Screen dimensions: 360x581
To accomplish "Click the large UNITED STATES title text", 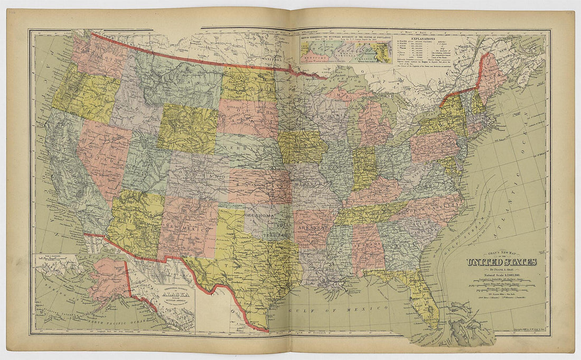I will (501, 262).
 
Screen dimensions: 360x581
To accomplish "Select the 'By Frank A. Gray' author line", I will (501, 270).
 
